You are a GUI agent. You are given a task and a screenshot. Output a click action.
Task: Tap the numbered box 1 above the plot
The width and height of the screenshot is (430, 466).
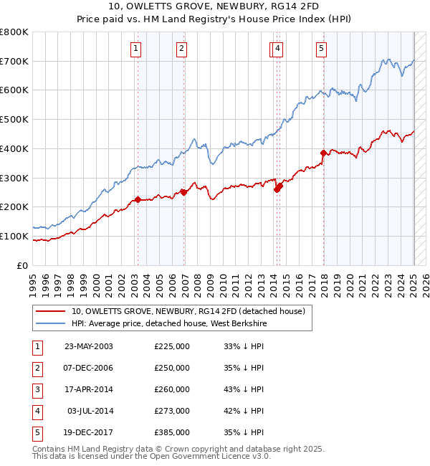point(135,49)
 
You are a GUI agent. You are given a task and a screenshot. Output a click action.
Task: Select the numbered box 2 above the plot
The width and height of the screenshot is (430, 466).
point(182,49)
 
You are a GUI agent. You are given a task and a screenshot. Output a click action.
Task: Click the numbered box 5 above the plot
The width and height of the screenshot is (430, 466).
point(320,49)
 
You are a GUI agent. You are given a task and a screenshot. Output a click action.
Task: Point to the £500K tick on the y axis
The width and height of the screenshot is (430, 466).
point(15,120)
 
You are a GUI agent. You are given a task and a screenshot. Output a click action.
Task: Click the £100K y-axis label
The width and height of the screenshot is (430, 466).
point(15,236)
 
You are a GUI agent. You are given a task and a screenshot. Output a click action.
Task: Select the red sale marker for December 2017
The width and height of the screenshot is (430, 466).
point(323,153)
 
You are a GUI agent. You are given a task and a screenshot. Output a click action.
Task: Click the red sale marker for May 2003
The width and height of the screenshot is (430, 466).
point(138,199)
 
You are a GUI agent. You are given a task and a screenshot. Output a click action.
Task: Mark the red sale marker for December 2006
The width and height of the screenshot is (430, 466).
point(183,192)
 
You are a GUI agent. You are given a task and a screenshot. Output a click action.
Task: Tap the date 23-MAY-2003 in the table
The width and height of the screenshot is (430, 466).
point(89,346)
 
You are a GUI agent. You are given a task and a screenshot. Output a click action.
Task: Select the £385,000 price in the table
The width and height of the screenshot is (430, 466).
point(172,432)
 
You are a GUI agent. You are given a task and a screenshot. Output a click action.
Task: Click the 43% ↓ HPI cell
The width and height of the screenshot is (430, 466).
point(244,389)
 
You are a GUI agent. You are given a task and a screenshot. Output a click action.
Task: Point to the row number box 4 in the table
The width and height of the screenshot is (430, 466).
point(36,411)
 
